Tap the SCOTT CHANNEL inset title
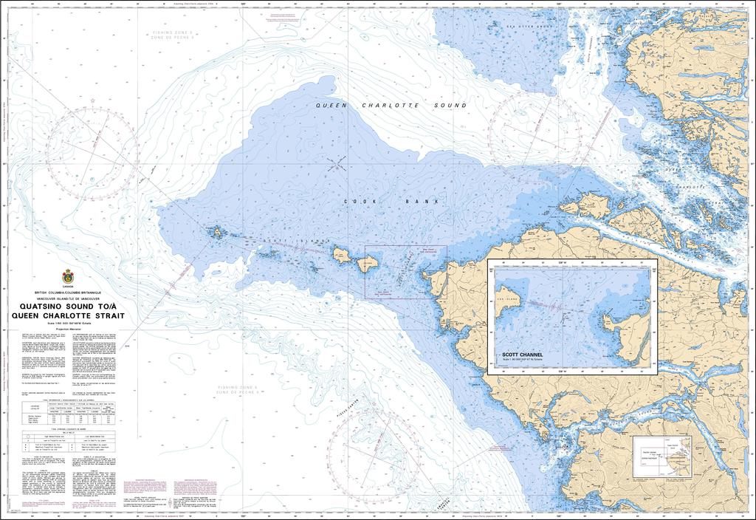(x=522, y=355)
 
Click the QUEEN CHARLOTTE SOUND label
(x=391, y=106)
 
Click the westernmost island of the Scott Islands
(x=217, y=232)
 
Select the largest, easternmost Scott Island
(x=368, y=264)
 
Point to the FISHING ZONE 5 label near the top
(x=171, y=35)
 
